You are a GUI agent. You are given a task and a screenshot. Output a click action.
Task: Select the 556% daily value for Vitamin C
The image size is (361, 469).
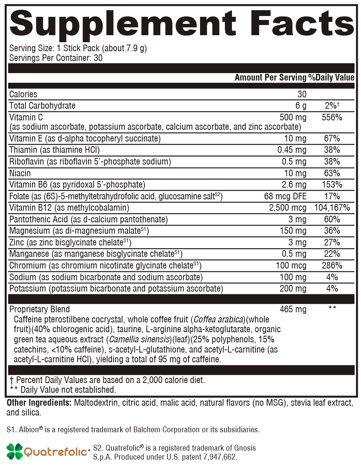pyautogui.click(x=332, y=117)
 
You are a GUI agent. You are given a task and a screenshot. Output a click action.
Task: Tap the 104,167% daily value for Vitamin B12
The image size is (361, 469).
pyautogui.click(x=332, y=208)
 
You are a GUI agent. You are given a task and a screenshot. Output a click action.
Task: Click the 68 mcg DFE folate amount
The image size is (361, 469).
pyautogui.click(x=285, y=196)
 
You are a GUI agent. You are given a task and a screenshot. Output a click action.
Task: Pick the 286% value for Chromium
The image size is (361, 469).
pyautogui.click(x=332, y=266)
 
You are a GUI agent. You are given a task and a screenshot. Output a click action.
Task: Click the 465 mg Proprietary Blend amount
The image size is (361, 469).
pyautogui.click(x=293, y=309)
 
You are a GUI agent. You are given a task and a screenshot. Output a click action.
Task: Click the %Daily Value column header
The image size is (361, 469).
pyautogui.click(x=331, y=77)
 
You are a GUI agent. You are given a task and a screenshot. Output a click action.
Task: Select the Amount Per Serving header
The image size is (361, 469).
pyautogui.click(x=270, y=77)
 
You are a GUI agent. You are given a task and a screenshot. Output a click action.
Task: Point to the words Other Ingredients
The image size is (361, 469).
pyautogui.click(x=38, y=403)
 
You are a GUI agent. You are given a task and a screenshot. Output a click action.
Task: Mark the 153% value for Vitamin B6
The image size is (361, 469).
pyautogui.click(x=332, y=184)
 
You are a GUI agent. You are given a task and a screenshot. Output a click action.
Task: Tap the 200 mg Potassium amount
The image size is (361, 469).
pyautogui.click(x=293, y=289)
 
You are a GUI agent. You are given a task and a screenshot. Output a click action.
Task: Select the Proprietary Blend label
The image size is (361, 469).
pyautogui.click(x=40, y=309)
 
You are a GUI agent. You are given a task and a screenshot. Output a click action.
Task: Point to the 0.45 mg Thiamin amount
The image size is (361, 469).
pyautogui.click(x=292, y=150)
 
